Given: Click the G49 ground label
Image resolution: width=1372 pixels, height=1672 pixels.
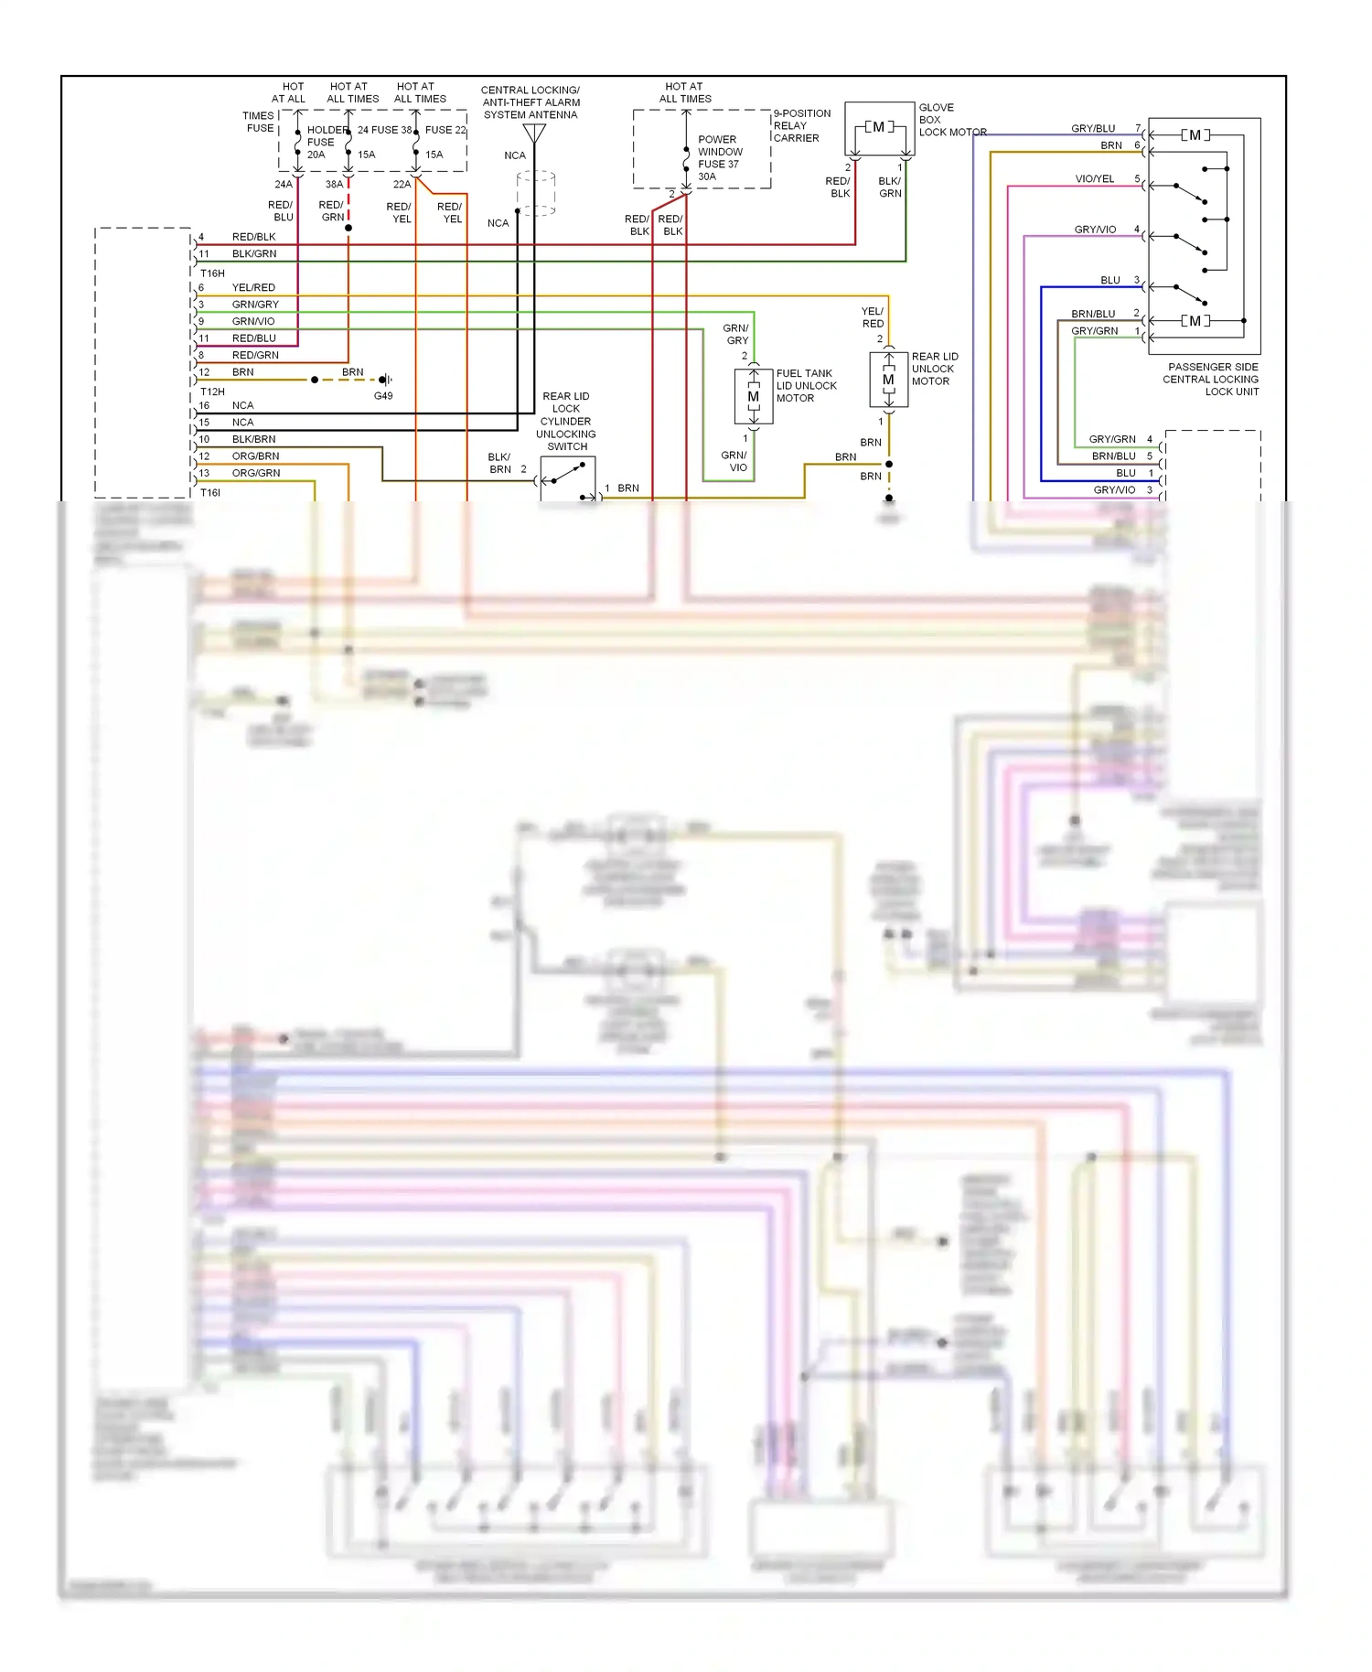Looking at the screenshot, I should (383, 396).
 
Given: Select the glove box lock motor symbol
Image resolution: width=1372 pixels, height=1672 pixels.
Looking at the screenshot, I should (879, 128).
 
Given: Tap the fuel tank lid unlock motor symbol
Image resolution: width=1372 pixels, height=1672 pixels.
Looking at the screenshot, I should (754, 397).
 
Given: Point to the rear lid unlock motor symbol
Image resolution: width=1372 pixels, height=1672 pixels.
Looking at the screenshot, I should (888, 380).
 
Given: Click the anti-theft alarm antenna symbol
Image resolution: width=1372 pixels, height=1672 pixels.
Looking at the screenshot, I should (534, 134).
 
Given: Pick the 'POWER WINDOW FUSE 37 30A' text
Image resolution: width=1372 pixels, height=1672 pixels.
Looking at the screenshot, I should (719, 158).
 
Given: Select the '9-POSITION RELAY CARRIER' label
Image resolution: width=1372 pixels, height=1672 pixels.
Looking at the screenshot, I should (801, 126).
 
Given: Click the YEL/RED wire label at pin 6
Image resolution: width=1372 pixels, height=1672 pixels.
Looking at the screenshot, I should (253, 287).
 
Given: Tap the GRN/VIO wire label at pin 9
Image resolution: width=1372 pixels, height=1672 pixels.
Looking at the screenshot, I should (253, 321).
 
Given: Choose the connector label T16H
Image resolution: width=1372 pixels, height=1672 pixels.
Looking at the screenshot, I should (212, 273).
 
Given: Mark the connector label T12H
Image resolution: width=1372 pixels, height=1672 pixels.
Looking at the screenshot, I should (212, 391).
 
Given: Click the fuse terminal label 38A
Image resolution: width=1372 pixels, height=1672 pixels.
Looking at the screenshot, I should (334, 185).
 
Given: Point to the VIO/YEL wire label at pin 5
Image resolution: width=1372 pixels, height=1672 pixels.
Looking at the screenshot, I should (1094, 179).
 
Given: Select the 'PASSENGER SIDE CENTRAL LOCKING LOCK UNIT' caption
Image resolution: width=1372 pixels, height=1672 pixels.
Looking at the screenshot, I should (1212, 380).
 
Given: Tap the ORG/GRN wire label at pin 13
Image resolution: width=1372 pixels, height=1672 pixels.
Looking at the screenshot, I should (256, 473).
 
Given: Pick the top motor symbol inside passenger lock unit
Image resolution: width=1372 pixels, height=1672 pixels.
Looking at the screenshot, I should (1195, 135).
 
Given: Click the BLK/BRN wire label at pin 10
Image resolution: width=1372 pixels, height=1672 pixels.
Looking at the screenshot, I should (253, 439).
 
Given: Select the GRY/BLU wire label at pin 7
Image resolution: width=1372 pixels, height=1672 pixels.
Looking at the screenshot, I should (1093, 129).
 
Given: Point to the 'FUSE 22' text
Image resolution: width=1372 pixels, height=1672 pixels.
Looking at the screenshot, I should (445, 130).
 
